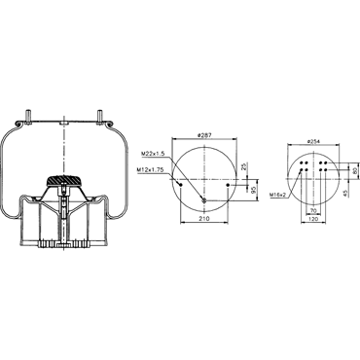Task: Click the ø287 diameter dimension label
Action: point(204,135)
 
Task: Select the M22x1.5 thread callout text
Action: point(154,153)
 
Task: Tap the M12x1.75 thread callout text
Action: point(150,169)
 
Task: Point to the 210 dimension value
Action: point(204,219)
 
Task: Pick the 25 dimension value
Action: point(244,168)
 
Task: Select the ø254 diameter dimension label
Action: point(313,141)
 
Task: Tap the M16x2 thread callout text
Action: point(278,195)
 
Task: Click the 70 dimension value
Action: point(313,210)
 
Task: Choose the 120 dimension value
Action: point(313,219)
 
